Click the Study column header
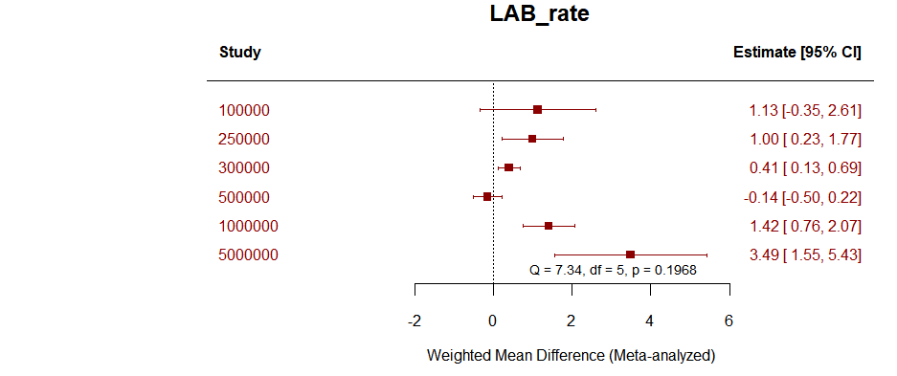click(x=239, y=53)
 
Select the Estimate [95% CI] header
click(x=796, y=53)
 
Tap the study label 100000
click(x=244, y=111)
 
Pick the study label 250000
click(x=244, y=140)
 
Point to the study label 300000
click(x=244, y=168)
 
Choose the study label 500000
click(x=244, y=198)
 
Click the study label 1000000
click(x=248, y=227)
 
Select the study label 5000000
click(x=248, y=255)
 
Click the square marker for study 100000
click(x=537, y=110)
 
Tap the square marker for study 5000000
click(x=630, y=254)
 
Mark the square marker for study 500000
click(x=487, y=197)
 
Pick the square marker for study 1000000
click(x=549, y=226)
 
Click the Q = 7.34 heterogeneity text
click(x=613, y=271)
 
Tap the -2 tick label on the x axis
click(x=414, y=321)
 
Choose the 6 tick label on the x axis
click(x=729, y=321)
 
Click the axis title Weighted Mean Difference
click(x=571, y=356)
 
